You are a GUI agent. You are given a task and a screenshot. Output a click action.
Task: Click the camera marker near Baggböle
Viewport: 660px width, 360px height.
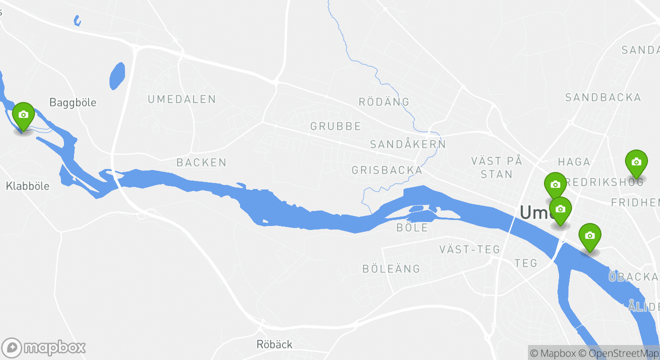click(x=23, y=115)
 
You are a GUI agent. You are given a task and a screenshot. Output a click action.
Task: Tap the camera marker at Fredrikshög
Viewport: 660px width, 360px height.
click(x=636, y=162)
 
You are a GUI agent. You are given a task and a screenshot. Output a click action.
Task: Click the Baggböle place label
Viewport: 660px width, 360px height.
click(x=72, y=102)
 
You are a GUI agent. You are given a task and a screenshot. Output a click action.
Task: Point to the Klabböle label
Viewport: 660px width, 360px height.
click(x=27, y=186)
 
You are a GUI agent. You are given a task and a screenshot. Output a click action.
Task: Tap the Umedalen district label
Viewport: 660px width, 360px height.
click(x=181, y=99)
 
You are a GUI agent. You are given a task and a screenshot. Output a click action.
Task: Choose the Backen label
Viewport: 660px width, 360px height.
click(x=201, y=162)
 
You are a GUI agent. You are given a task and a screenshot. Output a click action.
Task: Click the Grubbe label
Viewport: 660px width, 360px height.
click(x=335, y=126)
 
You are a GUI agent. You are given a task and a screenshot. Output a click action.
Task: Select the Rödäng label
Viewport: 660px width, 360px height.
click(x=384, y=102)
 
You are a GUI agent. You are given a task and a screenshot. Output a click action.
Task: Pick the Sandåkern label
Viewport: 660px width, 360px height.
click(x=407, y=144)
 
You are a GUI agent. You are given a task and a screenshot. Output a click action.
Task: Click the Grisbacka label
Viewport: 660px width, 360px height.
click(x=387, y=170)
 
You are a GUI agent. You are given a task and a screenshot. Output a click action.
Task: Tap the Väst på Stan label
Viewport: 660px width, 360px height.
click(x=496, y=167)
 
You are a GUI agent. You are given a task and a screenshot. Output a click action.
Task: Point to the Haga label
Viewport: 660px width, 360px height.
click(x=574, y=161)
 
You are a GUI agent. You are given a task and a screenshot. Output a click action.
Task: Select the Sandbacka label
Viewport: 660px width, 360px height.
click(x=603, y=97)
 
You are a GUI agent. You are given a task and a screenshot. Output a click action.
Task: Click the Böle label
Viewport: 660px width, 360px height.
click(x=412, y=228)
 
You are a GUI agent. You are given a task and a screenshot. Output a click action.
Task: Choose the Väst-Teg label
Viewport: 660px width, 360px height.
click(x=469, y=249)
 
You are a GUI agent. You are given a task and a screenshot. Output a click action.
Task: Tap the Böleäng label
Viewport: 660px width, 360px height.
click(x=391, y=269)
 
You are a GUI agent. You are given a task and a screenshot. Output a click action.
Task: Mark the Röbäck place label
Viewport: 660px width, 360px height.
click(x=274, y=344)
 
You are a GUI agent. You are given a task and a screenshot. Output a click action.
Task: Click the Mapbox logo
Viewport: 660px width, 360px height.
click(x=43, y=347)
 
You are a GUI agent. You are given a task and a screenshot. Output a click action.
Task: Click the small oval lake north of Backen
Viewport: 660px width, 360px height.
click(x=116, y=76)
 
